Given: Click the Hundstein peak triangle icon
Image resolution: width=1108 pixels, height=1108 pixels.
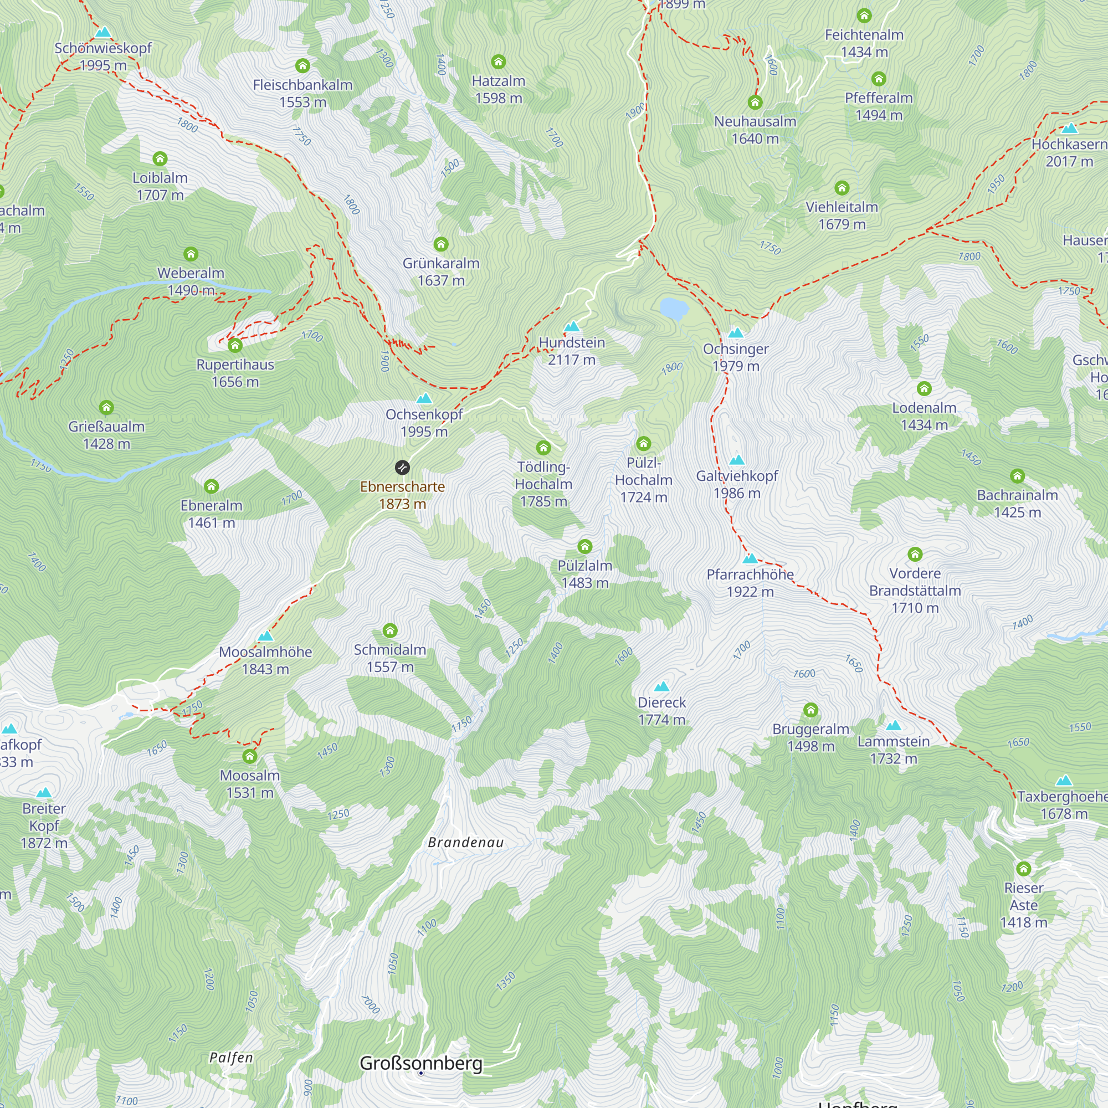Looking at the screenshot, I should (572, 327).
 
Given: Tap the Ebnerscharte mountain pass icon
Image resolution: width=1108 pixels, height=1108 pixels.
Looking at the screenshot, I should (403, 468).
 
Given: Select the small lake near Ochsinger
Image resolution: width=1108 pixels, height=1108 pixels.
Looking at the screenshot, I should (674, 309).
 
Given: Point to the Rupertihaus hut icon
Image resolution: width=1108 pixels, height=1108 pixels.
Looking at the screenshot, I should (235, 345).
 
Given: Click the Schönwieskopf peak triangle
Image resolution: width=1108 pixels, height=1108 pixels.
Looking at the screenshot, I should (103, 32).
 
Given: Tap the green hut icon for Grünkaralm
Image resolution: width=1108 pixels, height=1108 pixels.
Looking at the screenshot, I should (441, 244).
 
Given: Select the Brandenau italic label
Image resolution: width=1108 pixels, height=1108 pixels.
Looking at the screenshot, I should (466, 843).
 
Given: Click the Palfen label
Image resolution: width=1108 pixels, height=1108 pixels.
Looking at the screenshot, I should (231, 1057).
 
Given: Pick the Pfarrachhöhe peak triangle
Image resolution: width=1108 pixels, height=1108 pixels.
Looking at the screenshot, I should (750, 558).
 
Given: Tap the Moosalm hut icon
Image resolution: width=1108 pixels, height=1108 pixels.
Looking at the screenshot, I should (250, 756).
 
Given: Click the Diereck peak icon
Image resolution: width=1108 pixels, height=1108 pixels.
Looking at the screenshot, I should (662, 686).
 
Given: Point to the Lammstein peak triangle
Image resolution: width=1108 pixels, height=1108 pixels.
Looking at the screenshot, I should (894, 726).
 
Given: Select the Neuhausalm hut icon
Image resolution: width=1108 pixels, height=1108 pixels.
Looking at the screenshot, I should (755, 102).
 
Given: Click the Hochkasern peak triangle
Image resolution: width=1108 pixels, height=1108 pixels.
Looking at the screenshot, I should (1070, 129).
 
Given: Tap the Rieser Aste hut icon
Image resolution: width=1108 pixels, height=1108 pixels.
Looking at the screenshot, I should (1024, 869).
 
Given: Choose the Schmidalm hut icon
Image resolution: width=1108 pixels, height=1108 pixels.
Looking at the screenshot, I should (390, 631).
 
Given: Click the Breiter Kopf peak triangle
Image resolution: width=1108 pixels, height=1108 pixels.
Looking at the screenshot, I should (44, 793).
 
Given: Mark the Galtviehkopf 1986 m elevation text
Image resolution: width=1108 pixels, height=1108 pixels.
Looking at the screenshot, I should (737, 493).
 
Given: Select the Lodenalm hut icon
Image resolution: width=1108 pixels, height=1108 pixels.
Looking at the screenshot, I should (924, 389).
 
